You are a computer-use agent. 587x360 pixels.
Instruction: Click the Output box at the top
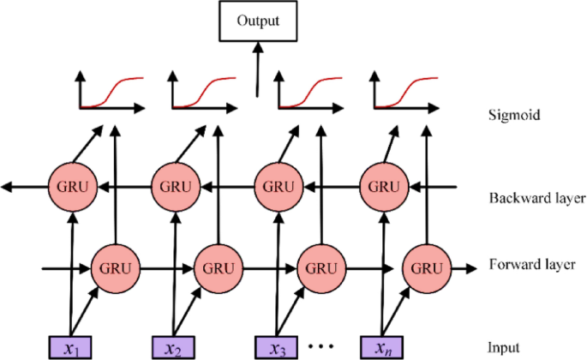pyautogui.click(x=258, y=21)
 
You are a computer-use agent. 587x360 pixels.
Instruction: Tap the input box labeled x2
pyautogui.click(x=176, y=347)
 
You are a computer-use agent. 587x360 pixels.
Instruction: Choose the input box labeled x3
pyautogui.click(x=278, y=347)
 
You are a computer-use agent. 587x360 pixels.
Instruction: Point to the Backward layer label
pyautogui.click(x=537, y=198)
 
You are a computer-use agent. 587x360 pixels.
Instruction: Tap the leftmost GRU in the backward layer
pyautogui.click(x=74, y=184)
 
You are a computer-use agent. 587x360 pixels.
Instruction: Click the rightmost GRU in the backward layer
pyautogui.click(x=380, y=184)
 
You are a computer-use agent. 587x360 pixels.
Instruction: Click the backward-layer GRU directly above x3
pyautogui.click(x=279, y=184)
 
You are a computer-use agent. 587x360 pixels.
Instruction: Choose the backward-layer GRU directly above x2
pyautogui.click(x=176, y=184)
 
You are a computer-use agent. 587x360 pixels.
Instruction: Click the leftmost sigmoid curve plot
pyautogui.click(x=110, y=93)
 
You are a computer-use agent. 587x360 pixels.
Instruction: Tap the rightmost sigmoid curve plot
pyautogui.click(x=402, y=93)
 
